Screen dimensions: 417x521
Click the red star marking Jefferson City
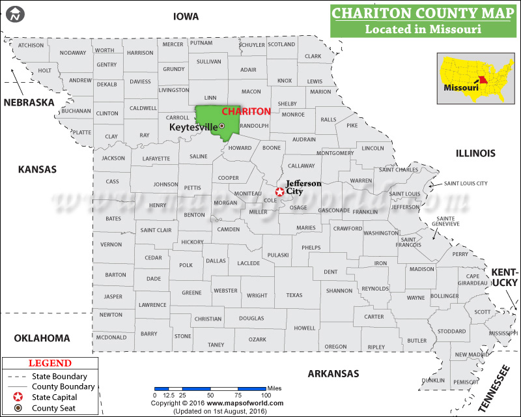point(279,192)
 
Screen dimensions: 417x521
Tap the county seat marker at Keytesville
point(221,126)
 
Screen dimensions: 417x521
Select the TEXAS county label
point(294,295)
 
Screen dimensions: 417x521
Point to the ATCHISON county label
point(31,45)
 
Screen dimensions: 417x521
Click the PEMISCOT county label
point(466,382)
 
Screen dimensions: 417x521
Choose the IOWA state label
point(186,16)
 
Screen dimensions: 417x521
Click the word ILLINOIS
point(475,153)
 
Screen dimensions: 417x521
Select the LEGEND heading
point(46,363)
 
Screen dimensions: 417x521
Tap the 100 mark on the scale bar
point(266,395)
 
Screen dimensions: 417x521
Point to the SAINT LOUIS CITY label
point(466,183)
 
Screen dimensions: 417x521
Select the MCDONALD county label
point(111,338)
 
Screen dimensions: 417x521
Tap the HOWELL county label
point(304,328)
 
